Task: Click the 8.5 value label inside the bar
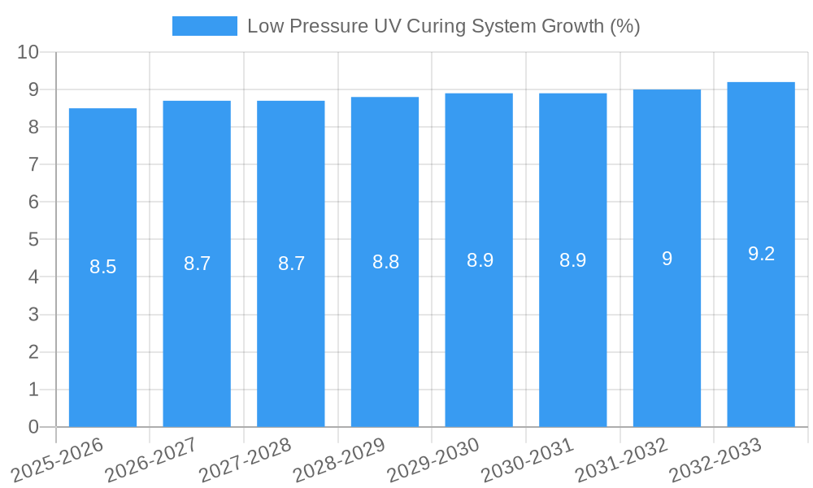102,267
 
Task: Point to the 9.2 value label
761,254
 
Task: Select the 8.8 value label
385,262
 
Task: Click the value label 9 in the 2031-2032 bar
667,259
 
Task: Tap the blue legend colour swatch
204,26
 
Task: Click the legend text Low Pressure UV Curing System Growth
443,26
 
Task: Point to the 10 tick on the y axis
28,52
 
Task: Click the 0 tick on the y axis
33,427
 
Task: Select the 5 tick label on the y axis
33,240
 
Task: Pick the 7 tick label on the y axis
33,164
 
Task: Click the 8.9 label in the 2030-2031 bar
573,260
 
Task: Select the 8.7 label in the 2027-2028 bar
291,264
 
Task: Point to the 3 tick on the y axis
33,315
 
